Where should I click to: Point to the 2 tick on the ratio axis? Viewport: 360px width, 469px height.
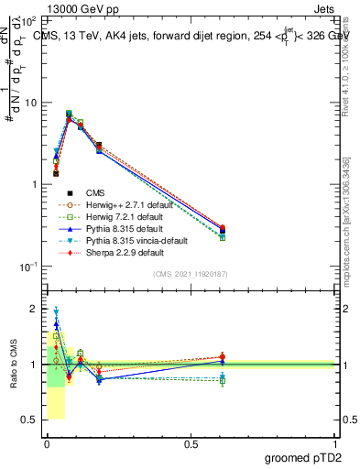click(x=36, y=309)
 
